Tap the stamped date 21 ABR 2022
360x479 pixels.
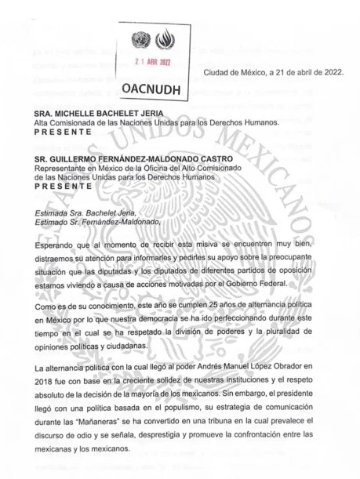pyautogui.click(x=152, y=62)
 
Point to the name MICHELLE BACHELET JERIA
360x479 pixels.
pyautogui.click(x=99, y=114)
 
